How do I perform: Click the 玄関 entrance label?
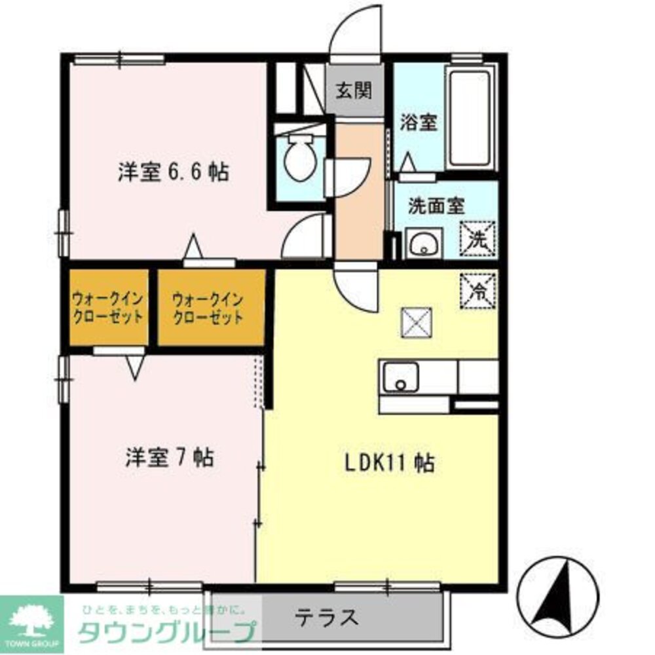coord(354,90)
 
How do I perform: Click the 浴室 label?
coord(419,122)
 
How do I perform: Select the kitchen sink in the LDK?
coord(400,377)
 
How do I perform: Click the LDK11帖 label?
coord(390,464)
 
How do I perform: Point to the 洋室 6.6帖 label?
coord(173,172)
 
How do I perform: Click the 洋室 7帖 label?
coord(170,457)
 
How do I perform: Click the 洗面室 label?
coord(436,206)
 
